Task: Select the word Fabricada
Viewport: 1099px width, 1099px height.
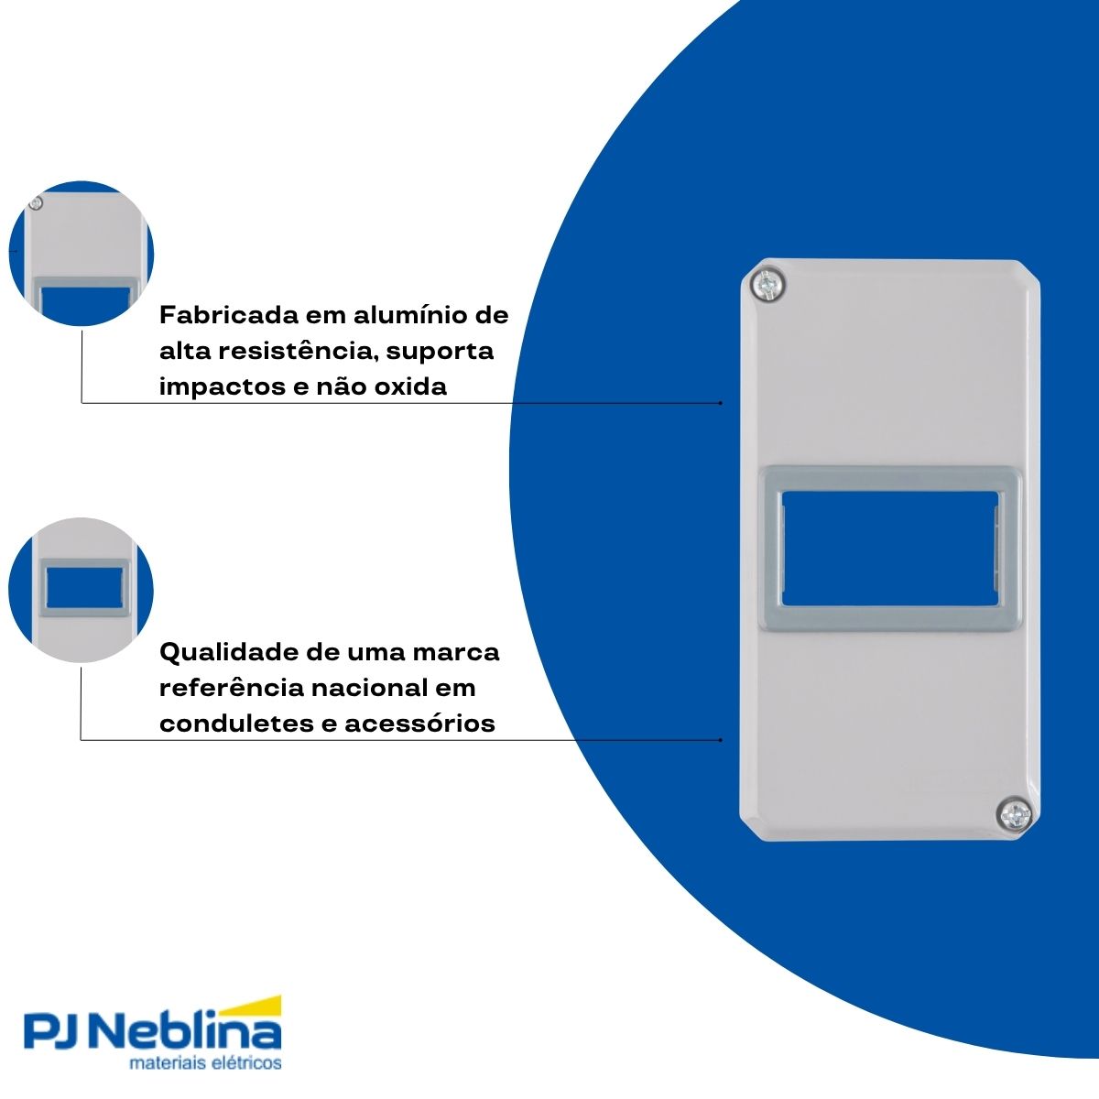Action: [229, 315]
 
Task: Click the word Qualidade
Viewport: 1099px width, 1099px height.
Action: [229, 652]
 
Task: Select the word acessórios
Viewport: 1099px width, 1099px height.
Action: [419, 724]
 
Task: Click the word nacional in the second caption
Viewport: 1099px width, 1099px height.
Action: [372, 688]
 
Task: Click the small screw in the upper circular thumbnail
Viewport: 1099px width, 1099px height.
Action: [36, 202]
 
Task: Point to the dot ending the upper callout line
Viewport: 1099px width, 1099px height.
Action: [721, 403]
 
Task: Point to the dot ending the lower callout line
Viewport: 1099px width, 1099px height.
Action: [721, 740]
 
